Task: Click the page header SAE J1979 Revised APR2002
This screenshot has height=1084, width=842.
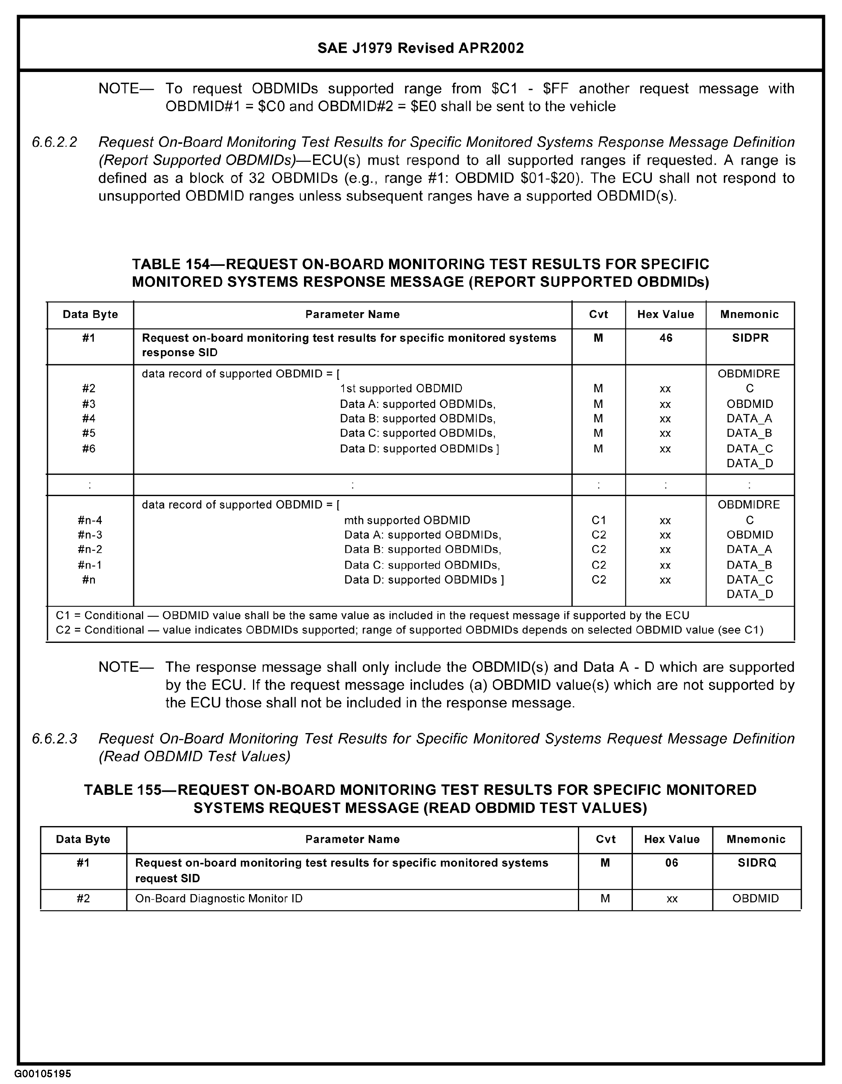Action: (421, 48)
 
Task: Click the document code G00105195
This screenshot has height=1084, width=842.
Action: (43, 1074)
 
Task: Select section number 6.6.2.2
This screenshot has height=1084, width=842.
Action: (55, 142)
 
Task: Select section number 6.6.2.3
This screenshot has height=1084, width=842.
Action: (55, 739)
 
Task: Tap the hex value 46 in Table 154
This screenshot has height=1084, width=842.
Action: (665, 338)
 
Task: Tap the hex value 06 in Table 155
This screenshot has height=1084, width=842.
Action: (671, 862)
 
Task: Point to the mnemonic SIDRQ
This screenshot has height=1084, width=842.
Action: (756, 862)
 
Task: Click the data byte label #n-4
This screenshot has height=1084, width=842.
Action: (90, 520)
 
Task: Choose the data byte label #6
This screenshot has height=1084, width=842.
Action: (89, 449)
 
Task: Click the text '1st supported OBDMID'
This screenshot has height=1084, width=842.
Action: (401, 388)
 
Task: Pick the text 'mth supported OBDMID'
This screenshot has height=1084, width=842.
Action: (407, 520)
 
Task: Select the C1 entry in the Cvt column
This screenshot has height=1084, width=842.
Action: (598, 520)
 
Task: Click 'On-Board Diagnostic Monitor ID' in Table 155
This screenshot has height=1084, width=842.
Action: (219, 898)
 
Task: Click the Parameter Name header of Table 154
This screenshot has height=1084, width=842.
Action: (352, 315)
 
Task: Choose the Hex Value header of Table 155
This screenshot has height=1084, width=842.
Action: (671, 839)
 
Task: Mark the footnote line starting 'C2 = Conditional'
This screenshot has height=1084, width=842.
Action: (409, 630)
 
